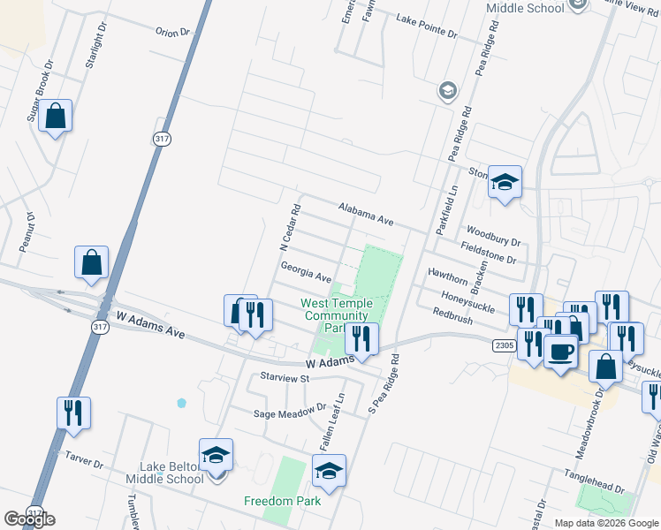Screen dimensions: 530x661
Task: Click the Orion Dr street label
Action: pos(172,32)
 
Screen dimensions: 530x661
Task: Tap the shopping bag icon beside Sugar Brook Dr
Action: pos(55,116)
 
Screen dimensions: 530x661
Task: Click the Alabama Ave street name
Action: pos(365,213)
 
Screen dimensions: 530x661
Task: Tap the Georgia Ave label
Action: pos(306,267)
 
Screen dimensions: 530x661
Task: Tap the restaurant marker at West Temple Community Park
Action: pos(361,338)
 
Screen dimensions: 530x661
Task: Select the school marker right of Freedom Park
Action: pos(329,471)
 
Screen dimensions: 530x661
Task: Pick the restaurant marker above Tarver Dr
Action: pos(73,413)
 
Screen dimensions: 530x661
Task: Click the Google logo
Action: pos(29,519)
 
